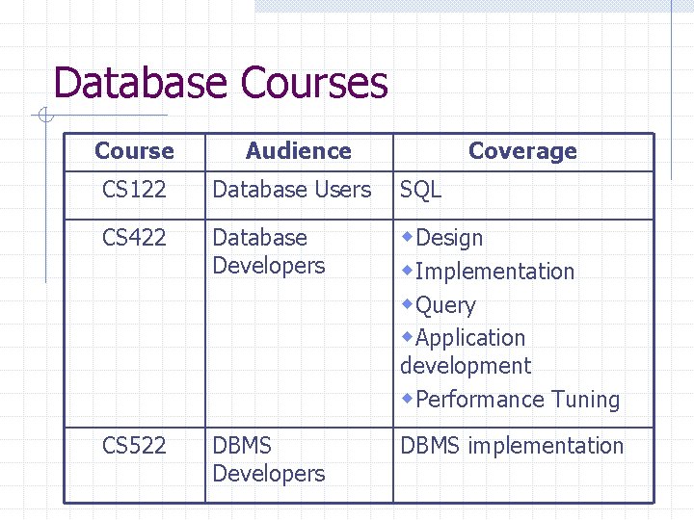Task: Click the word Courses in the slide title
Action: pyautogui.click(x=315, y=84)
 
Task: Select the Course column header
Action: pyautogui.click(x=134, y=151)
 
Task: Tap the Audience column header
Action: pyautogui.click(x=299, y=151)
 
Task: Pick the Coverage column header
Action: pyautogui.click(x=522, y=151)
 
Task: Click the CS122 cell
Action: pyautogui.click(x=134, y=191)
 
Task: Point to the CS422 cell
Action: pyautogui.click(x=134, y=238)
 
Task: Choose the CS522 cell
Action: pyautogui.click(x=134, y=446)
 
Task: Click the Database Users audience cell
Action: pyautogui.click(x=291, y=191)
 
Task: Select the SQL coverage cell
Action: pyautogui.click(x=421, y=191)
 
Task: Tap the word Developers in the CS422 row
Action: pyautogui.click(x=269, y=266)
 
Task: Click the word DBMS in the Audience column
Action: pyautogui.click(x=242, y=446)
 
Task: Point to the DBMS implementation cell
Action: pyautogui.click(x=512, y=446)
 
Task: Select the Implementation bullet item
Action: pyautogui.click(x=494, y=272)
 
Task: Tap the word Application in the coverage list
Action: pyautogui.click(x=470, y=338)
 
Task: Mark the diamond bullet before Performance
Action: pyautogui.click(x=409, y=398)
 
